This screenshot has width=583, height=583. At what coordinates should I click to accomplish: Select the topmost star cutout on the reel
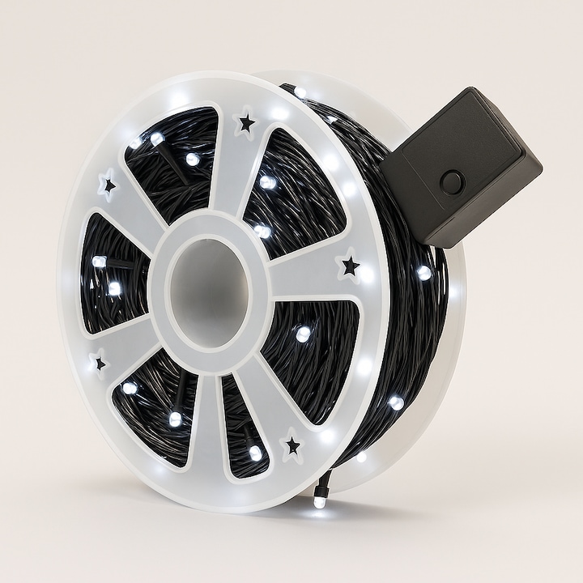tap(245, 123)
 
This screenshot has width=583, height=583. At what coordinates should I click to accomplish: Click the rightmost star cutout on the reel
tap(350, 265)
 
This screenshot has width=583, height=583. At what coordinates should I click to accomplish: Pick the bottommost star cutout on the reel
tap(292, 445)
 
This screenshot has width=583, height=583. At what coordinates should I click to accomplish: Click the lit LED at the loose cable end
tap(320, 502)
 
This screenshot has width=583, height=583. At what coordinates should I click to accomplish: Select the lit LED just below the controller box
tap(423, 273)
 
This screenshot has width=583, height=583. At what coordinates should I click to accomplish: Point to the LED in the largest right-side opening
tap(303, 333)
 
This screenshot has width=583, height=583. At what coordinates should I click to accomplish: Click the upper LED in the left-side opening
tap(99, 262)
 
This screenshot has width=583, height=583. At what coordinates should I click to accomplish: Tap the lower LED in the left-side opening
tap(114, 288)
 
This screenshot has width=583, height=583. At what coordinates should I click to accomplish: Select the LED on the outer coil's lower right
tap(396, 402)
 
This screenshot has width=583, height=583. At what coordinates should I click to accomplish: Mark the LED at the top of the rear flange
tap(300, 92)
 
